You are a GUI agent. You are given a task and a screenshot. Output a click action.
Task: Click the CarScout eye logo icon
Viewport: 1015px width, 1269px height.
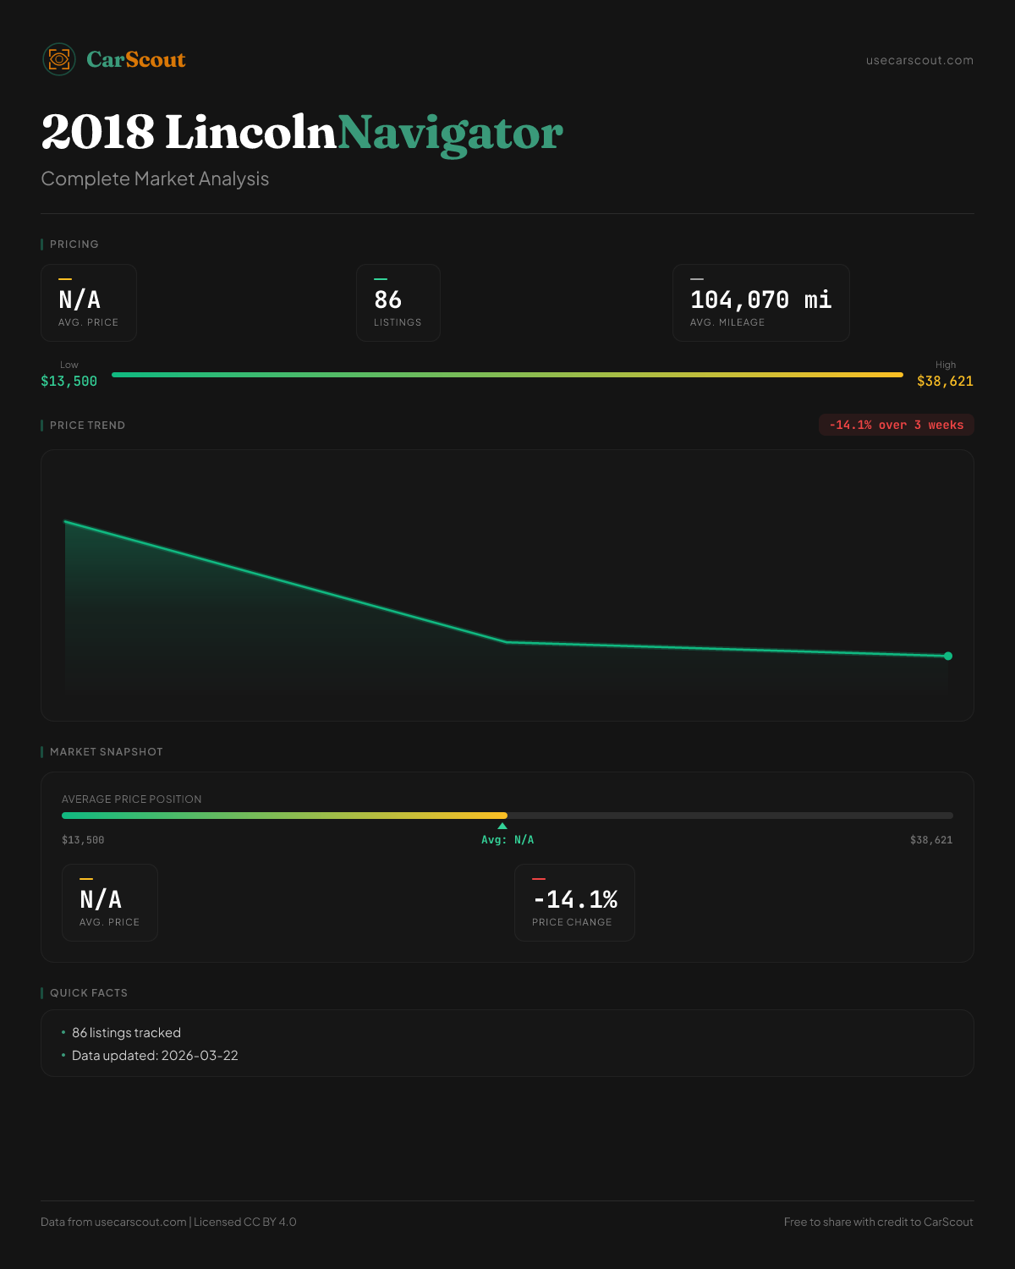click(x=59, y=59)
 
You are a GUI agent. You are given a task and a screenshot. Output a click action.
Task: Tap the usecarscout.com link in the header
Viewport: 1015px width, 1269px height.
click(x=919, y=60)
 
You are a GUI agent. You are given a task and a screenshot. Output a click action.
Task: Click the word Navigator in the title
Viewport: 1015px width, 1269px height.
click(x=450, y=133)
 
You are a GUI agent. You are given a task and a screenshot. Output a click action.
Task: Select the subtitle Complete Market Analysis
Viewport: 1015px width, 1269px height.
click(x=155, y=179)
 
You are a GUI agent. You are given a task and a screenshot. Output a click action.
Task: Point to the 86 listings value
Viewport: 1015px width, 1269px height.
click(x=388, y=299)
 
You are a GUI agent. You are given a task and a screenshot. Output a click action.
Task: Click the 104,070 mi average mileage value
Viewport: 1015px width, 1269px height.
click(x=760, y=299)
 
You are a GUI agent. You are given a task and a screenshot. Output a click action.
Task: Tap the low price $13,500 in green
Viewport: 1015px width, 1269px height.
click(x=69, y=381)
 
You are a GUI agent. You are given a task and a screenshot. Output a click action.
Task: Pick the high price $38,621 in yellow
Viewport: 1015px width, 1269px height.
click(x=945, y=381)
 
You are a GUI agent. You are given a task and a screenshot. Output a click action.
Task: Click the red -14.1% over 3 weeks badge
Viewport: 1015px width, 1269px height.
click(x=896, y=425)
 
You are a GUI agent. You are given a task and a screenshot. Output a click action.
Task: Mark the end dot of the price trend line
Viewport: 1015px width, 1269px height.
click(x=948, y=656)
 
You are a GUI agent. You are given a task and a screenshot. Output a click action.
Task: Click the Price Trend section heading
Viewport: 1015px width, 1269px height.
click(x=87, y=426)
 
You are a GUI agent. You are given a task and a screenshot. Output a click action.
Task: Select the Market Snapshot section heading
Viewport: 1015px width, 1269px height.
click(x=106, y=752)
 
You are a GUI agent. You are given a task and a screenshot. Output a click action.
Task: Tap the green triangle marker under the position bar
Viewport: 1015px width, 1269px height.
click(x=502, y=826)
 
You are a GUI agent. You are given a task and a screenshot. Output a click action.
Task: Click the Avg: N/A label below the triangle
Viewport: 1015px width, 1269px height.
click(x=507, y=840)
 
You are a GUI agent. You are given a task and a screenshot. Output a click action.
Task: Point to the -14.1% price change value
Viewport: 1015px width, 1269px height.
click(x=575, y=899)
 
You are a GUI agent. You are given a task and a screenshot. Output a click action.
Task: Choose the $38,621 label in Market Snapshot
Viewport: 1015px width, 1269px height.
click(x=930, y=840)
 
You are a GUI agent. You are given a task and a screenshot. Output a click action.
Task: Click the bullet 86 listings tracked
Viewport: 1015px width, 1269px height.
click(x=126, y=1033)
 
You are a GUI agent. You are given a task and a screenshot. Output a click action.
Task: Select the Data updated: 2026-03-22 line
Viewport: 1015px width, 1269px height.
click(x=155, y=1056)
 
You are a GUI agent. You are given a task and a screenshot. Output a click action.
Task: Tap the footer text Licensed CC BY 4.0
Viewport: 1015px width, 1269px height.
click(x=245, y=1222)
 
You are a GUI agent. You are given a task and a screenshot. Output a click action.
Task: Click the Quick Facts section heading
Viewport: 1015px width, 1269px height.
click(x=88, y=993)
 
